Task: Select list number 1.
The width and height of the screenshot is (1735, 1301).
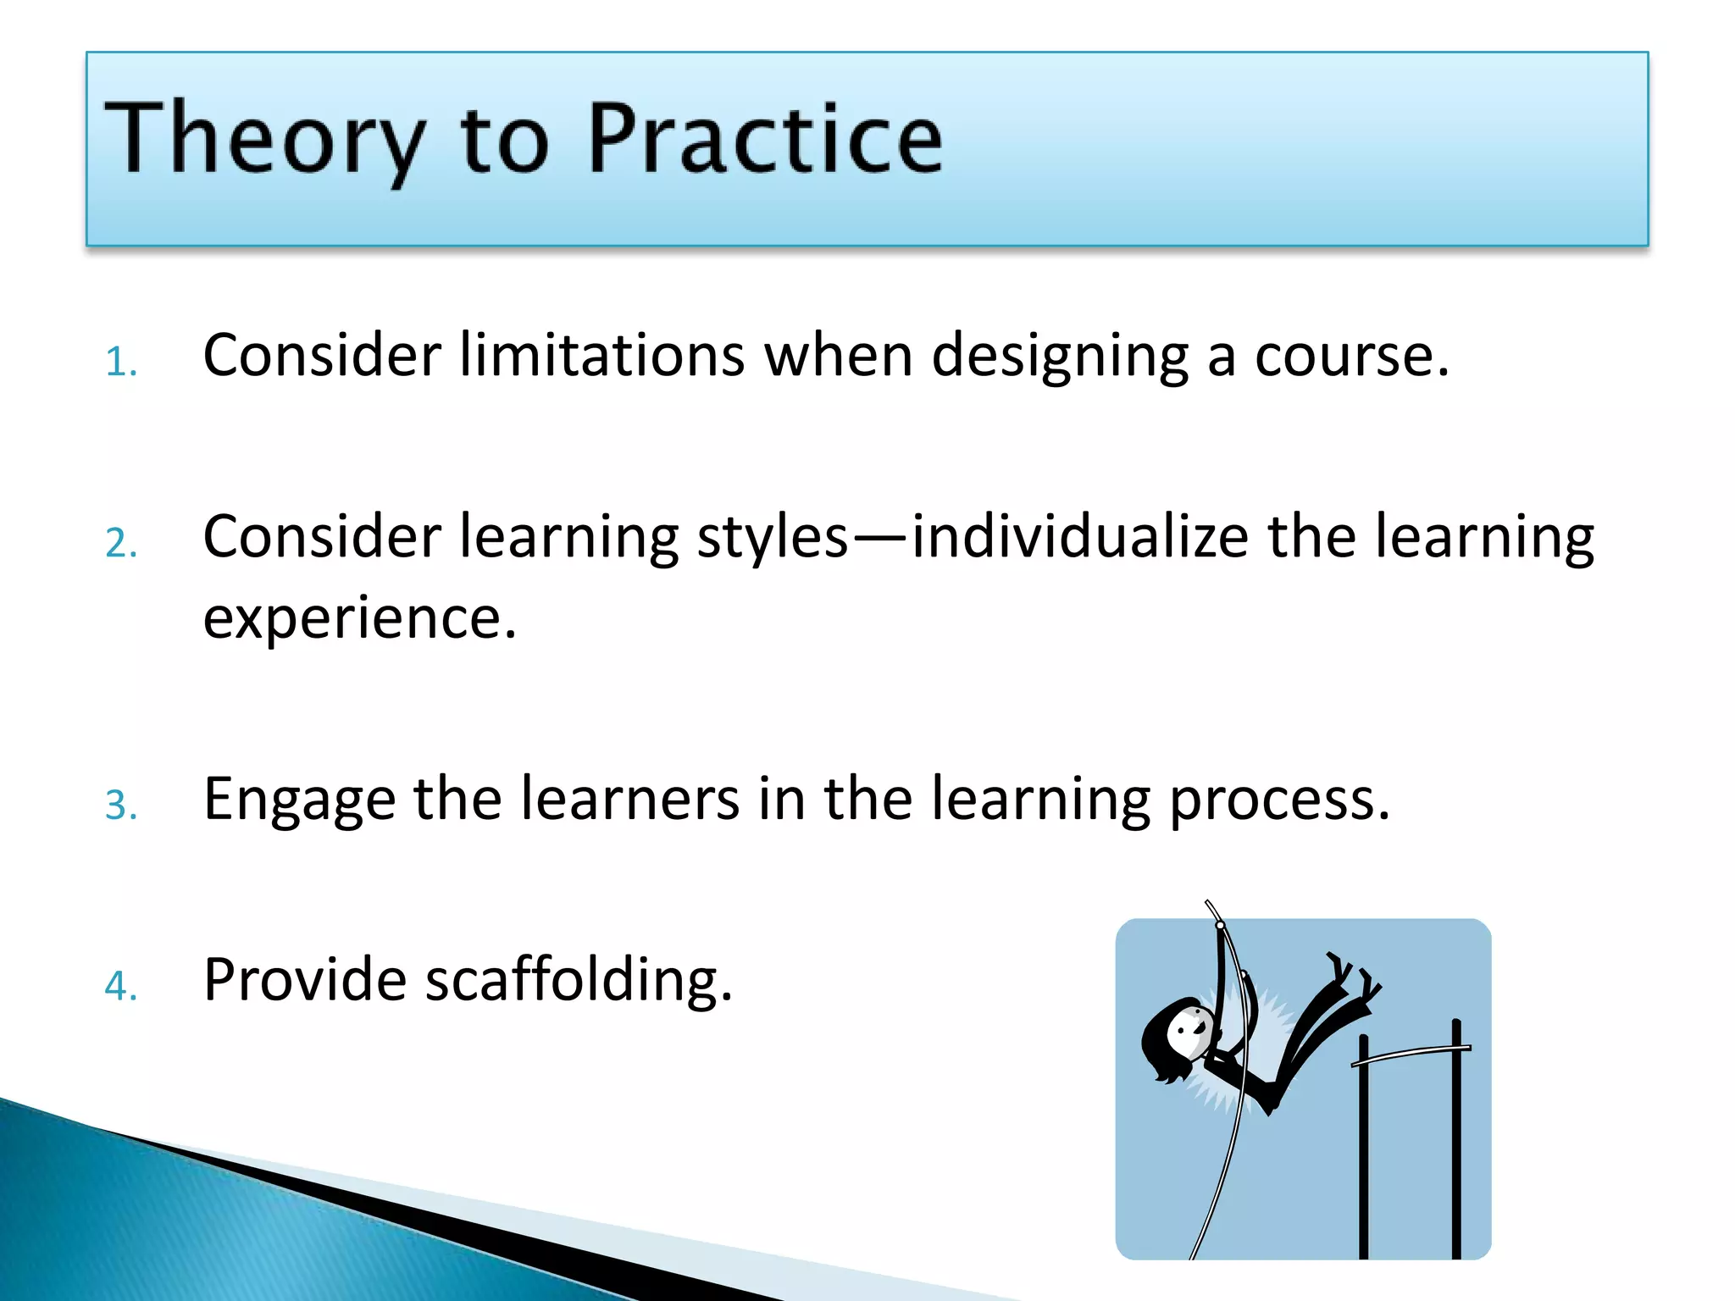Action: pyautogui.click(x=120, y=363)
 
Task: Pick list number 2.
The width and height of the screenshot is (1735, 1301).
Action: pyautogui.click(x=120, y=544)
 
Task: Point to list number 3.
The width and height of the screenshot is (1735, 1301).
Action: pyautogui.click(x=120, y=806)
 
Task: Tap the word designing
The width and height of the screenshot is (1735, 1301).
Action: pyautogui.click(x=1059, y=356)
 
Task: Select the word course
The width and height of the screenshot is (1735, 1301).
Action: pyautogui.click(x=1351, y=356)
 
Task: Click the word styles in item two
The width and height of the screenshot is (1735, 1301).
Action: pyautogui.click(x=772, y=538)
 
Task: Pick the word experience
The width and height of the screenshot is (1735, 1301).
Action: pyautogui.click(x=359, y=618)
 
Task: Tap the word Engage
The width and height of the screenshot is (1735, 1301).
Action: pyautogui.click(x=299, y=800)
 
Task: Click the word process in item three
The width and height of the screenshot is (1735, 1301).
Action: pyautogui.click(x=1278, y=800)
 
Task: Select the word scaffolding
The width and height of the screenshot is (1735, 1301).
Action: pyautogui.click(x=578, y=980)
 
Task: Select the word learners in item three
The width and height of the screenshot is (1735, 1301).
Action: pyautogui.click(x=629, y=799)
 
